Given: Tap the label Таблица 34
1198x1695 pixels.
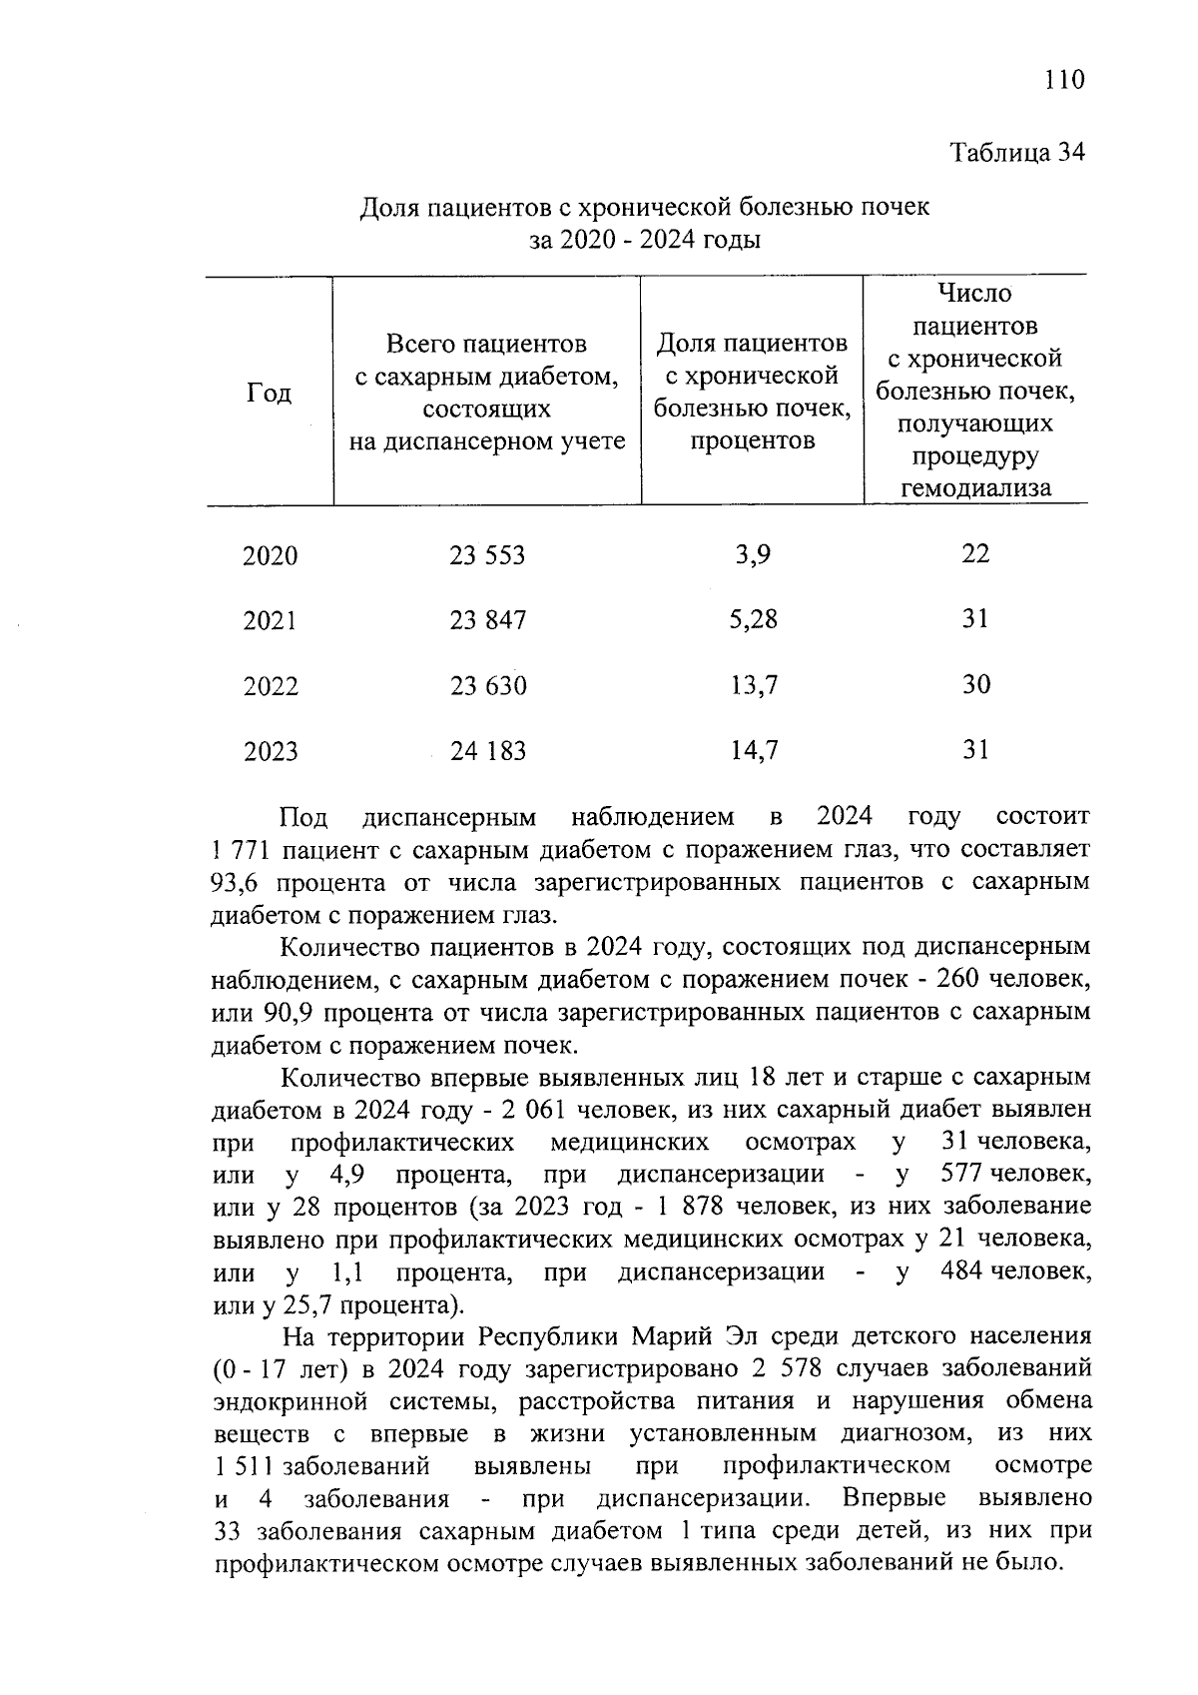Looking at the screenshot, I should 1016,153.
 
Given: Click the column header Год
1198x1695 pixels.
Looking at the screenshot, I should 269,393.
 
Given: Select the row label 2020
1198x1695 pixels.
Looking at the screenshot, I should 270,556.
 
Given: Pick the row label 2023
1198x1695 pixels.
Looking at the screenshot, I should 270,751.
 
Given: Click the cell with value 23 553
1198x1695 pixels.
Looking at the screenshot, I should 487,555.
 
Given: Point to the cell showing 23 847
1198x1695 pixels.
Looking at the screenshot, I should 487,620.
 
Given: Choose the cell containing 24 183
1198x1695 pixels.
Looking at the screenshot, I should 487,751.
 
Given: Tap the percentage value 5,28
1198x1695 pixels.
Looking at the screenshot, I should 753,619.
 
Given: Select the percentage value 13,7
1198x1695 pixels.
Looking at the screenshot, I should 753,685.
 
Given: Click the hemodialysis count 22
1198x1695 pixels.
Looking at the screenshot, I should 975,553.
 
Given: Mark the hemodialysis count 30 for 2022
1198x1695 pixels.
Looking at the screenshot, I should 975,684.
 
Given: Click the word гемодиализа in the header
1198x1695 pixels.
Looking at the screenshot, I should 975,488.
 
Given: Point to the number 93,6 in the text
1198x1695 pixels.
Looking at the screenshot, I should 236,883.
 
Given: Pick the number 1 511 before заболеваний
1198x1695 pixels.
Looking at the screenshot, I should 244,1466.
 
